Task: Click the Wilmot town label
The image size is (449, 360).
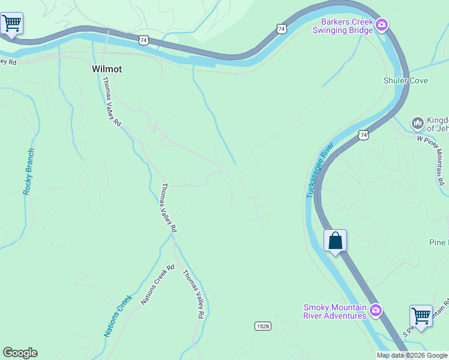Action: point(107,69)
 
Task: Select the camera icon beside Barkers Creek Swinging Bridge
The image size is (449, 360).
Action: point(382,25)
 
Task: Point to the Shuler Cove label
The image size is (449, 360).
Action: point(406,80)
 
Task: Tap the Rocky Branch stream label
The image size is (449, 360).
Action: point(28,171)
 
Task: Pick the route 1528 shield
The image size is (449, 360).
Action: point(262,326)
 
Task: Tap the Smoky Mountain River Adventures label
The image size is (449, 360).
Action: point(334,312)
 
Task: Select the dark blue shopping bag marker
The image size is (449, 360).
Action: point(336,241)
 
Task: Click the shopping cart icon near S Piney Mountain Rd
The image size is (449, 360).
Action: point(421,315)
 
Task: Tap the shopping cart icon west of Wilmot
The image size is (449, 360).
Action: point(11,23)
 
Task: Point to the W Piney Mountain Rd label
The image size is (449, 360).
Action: point(433,160)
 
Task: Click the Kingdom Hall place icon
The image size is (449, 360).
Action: point(417,124)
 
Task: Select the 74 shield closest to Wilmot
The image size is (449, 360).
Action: point(143,40)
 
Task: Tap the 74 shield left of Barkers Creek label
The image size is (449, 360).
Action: point(282,28)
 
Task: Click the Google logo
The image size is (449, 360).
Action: point(20,353)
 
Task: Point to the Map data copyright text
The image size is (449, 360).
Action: point(411,355)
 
